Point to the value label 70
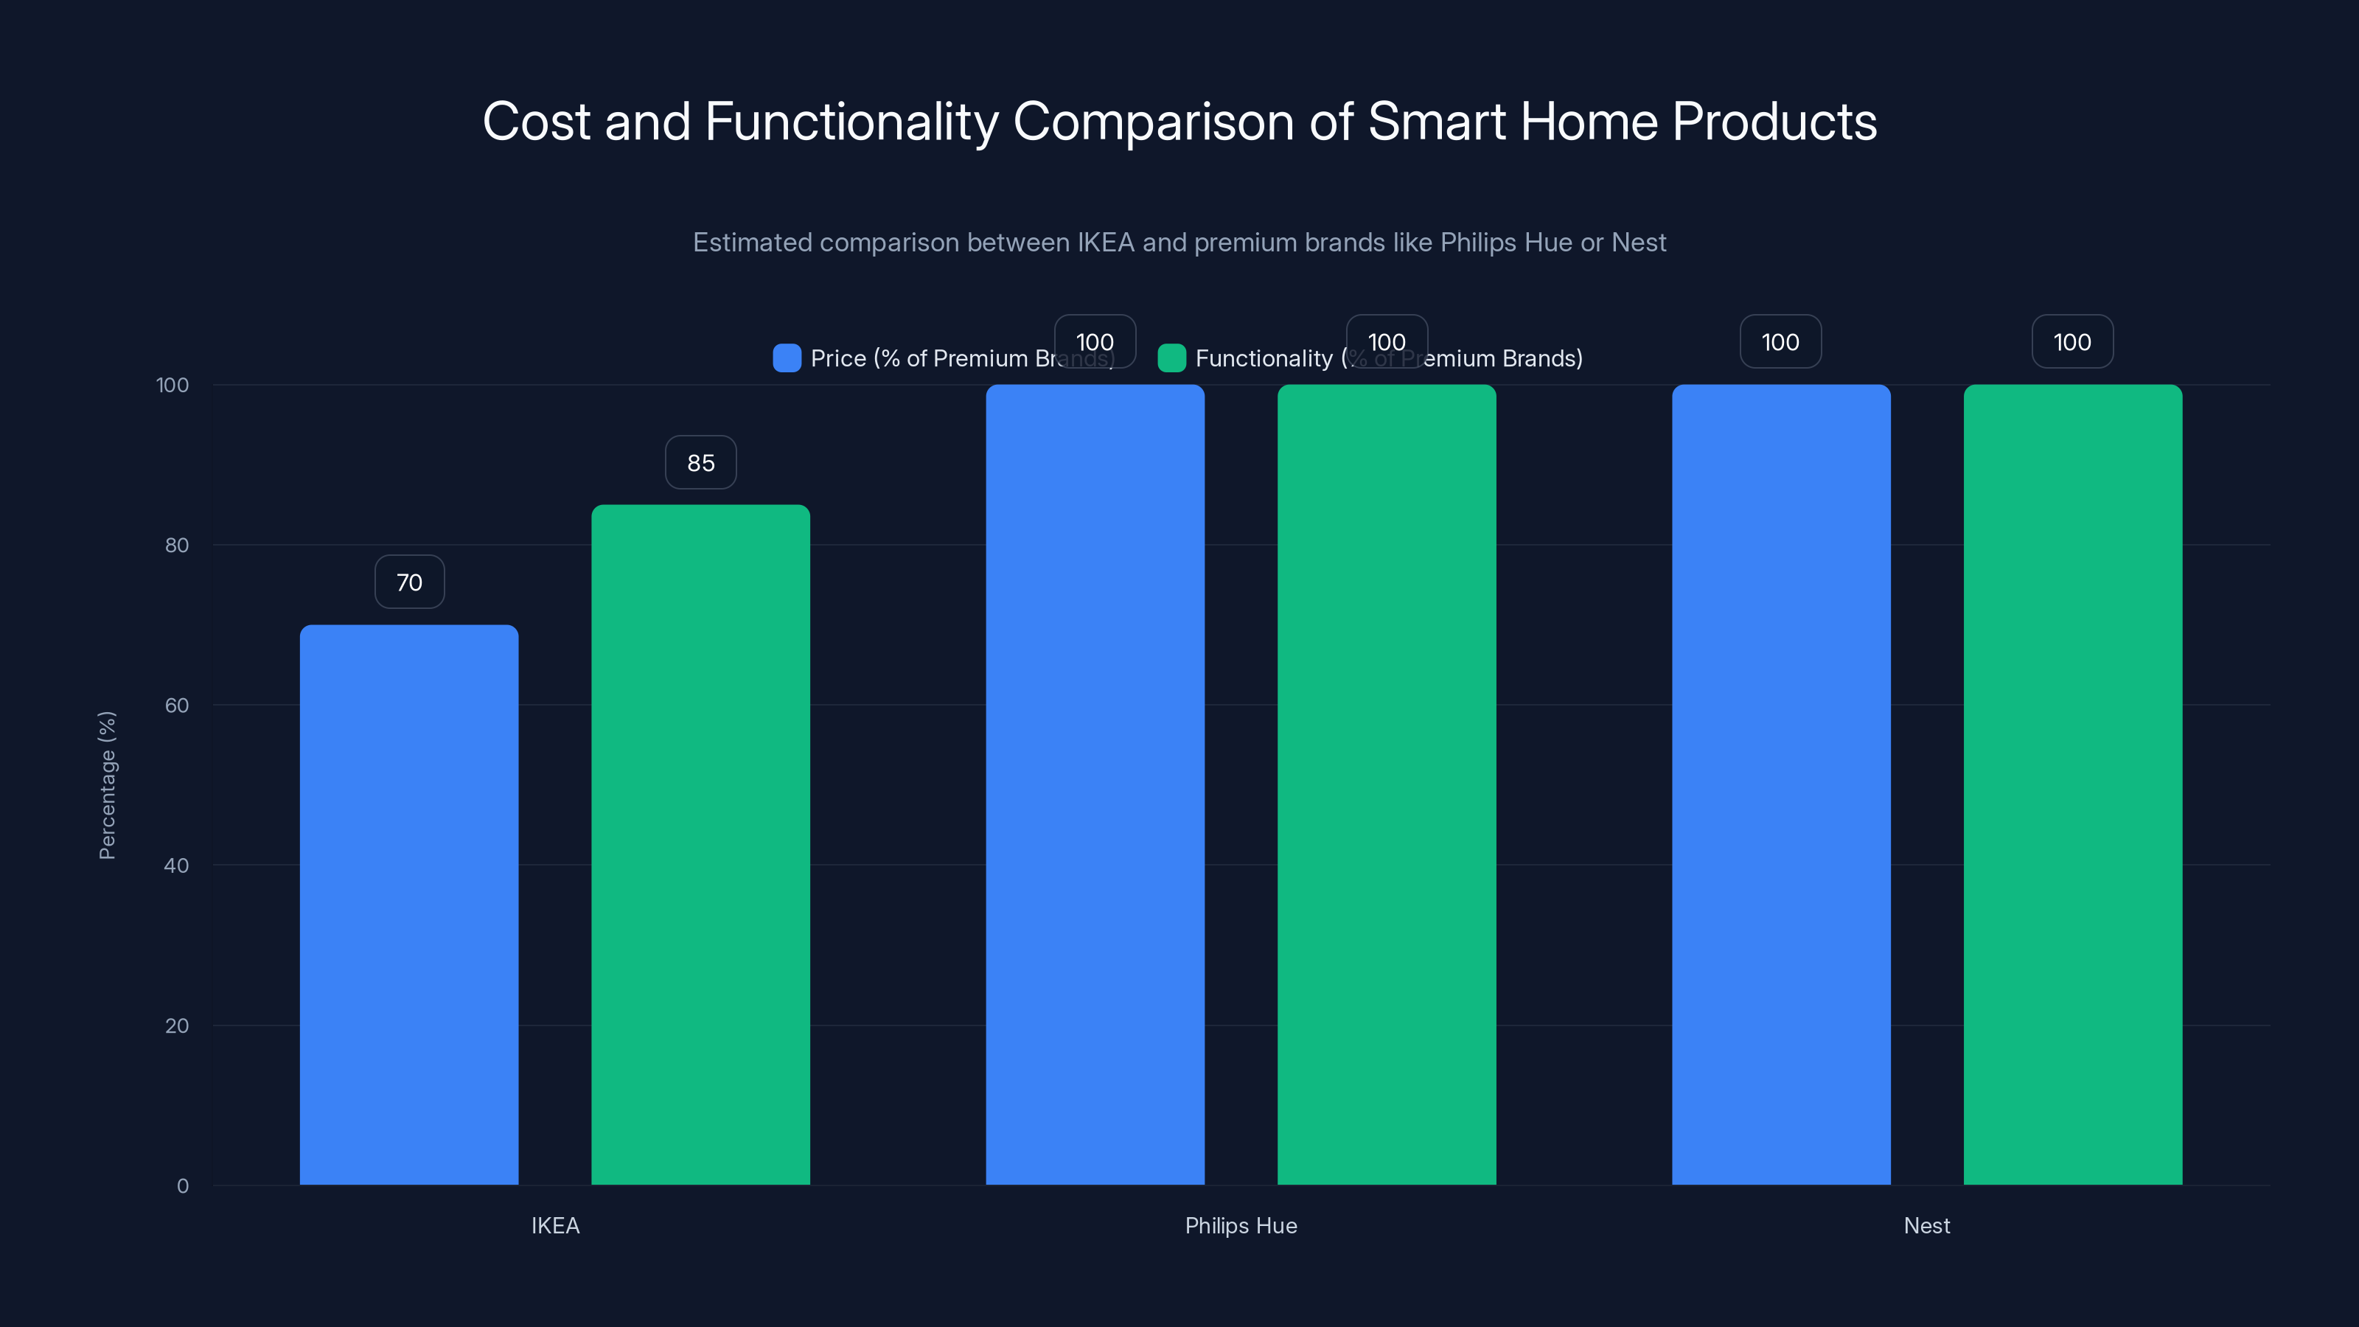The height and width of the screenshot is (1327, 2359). [409, 582]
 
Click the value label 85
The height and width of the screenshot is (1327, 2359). [700, 462]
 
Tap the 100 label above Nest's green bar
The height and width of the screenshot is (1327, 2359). [2072, 341]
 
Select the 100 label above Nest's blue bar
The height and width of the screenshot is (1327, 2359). [1780, 341]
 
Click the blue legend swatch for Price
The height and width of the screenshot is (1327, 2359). [787, 358]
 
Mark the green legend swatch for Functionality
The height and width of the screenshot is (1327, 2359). [1171, 358]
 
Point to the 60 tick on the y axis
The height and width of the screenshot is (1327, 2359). [177, 706]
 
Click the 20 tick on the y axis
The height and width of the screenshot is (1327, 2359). [177, 1025]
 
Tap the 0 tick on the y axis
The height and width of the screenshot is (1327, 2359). [182, 1186]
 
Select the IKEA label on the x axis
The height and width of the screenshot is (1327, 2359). [555, 1225]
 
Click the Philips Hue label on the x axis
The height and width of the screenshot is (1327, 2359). [1241, 1225]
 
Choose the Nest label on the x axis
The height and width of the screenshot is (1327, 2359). [1927, 1225]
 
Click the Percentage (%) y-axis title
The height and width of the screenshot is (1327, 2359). [107, 785]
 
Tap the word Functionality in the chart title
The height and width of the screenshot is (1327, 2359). [851, 122]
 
